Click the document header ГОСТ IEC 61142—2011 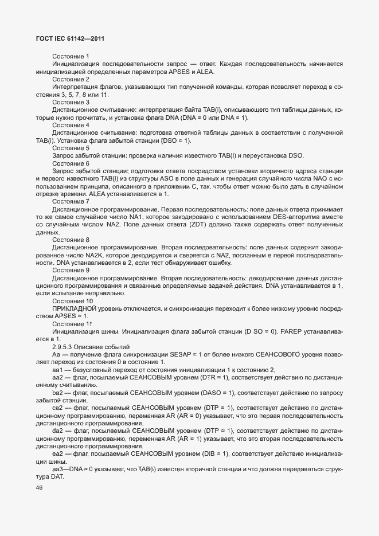(69, 38)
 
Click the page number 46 (40, 488)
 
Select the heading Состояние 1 (71, 56)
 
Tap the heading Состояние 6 (71, 163)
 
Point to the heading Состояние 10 (72, 300)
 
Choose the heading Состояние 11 (72, 323)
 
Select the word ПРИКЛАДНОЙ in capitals (77, 308)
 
